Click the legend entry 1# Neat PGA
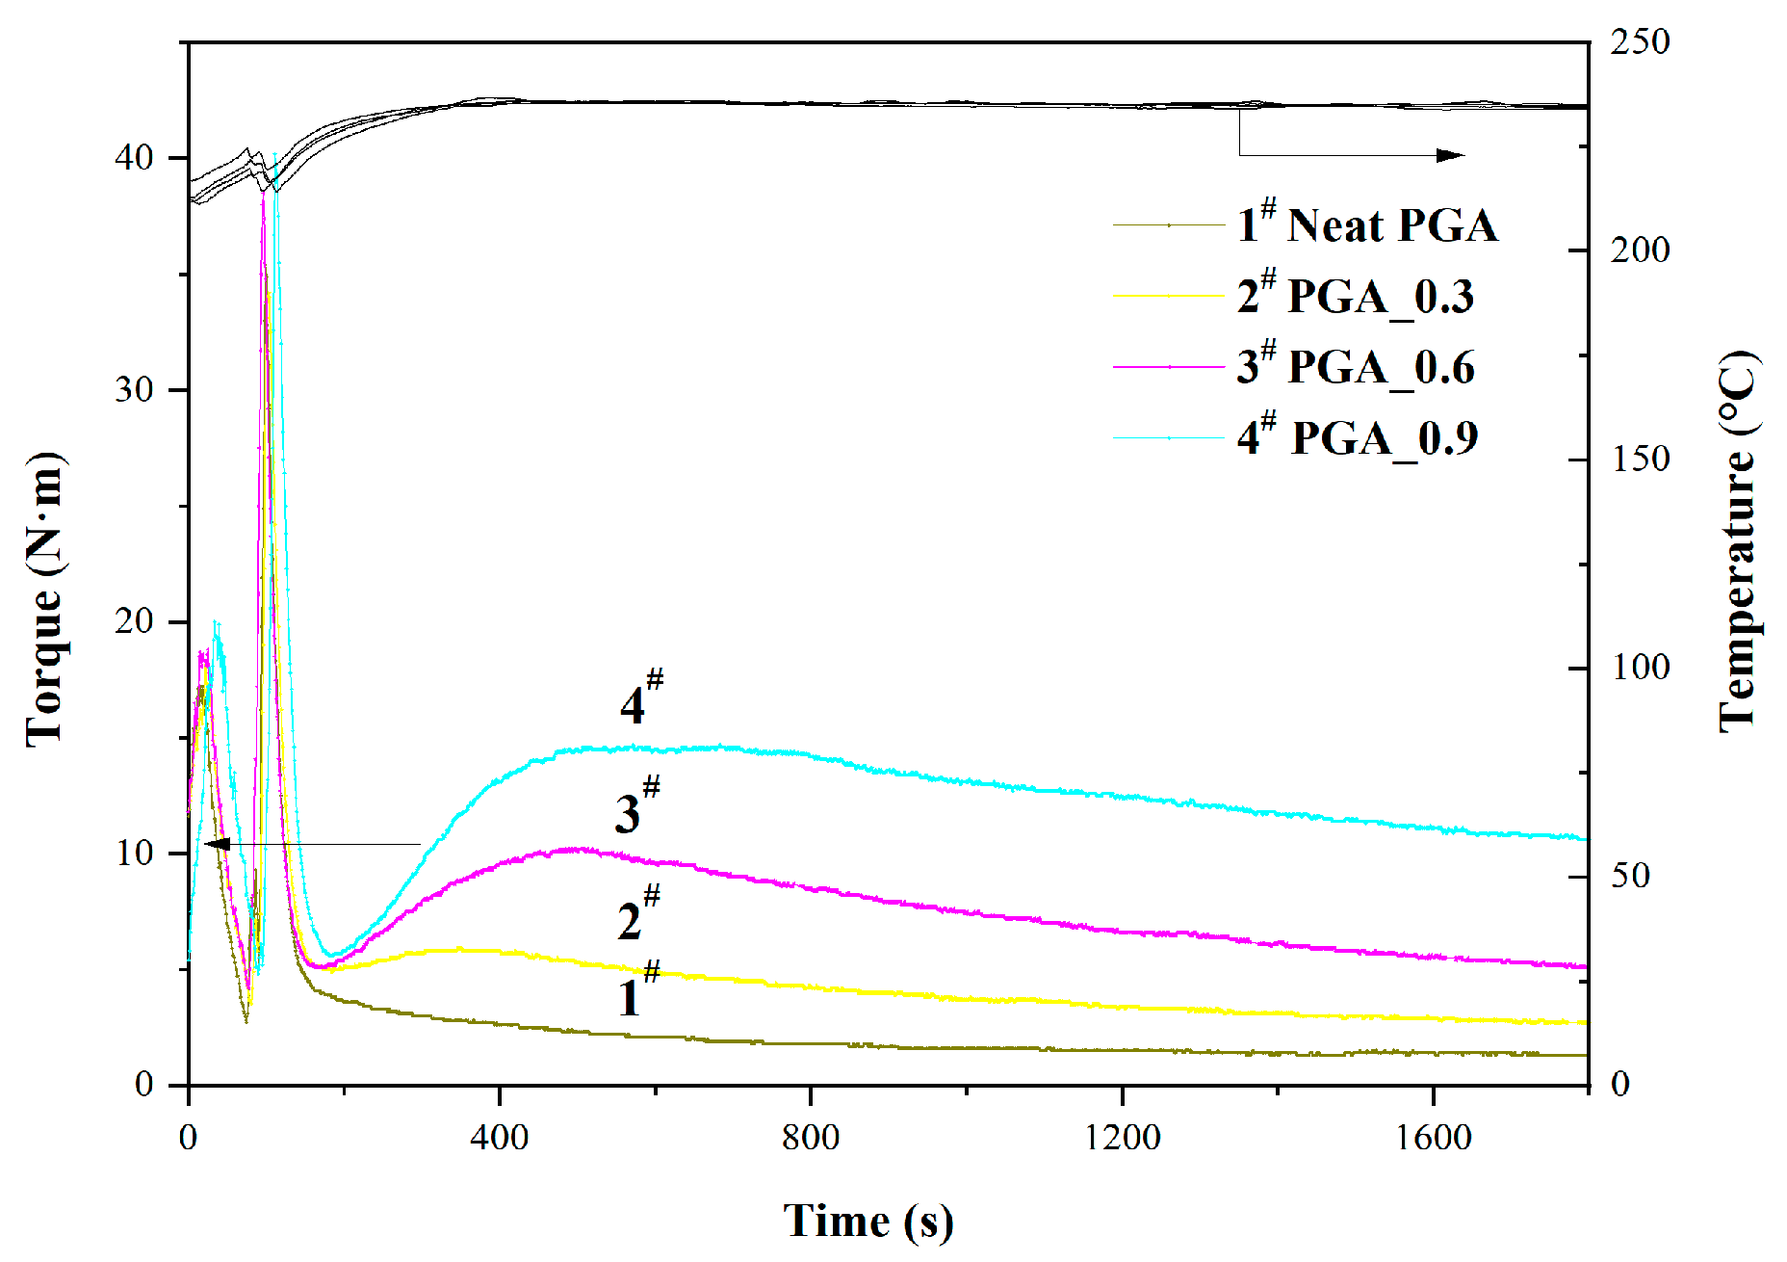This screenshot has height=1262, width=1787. click(1367, 225)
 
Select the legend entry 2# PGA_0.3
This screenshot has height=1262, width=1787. click(1355, 296)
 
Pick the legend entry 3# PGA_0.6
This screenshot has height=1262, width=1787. click(1355, 367)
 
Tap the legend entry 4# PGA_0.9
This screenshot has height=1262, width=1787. click(1357, 438)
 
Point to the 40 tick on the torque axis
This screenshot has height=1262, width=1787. click(134, 158)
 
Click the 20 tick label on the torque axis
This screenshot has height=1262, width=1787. click(134, 621)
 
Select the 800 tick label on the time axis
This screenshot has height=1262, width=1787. click(810, 1138)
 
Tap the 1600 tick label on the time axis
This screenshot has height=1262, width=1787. click(1433, 1138)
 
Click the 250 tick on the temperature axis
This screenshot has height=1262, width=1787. click(1640, 42)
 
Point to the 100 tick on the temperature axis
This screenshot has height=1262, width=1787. click(1640, 668)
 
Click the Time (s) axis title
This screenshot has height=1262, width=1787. click(868, 1222)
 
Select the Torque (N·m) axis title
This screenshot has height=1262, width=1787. click(44, 597)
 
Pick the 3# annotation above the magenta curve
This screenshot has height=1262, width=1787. click(637, 805)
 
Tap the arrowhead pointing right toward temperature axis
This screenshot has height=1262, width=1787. click(1451, 155)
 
